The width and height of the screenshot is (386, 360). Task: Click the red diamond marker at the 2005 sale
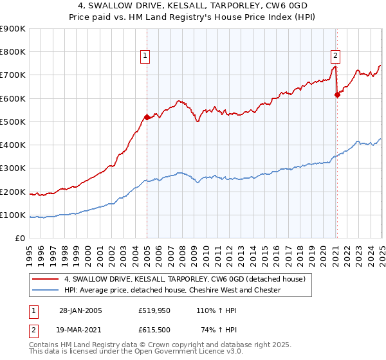tap(147, 117)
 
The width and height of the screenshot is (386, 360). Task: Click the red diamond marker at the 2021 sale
tap(336, 94)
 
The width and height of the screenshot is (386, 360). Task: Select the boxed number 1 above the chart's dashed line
tap(146, 56)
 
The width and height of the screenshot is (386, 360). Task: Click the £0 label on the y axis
tap(21, 239)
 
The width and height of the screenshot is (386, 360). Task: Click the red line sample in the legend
tap(46, 279)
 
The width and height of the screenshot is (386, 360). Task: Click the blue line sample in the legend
tap(46, 291)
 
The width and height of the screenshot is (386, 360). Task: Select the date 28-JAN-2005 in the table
tap(80, 310)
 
